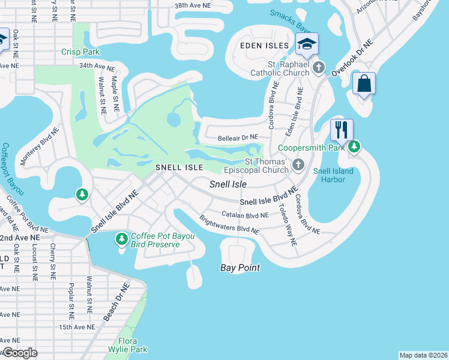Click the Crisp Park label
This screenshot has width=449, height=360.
tap(80, 52)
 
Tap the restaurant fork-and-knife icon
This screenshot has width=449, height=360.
tap(342, 130)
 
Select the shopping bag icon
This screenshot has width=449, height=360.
tap(364, 83)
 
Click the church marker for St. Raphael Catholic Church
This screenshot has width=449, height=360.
tap(319, 67)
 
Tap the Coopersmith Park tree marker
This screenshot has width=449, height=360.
tap(354, 146)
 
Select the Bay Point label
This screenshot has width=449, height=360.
tap(240, 268)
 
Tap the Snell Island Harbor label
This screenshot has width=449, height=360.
tap(333, 176)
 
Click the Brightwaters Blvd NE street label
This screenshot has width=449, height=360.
tap(229, 225)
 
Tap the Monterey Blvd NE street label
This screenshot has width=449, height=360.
tap(47, 142)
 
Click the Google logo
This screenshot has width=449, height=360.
tap(19, 353)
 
